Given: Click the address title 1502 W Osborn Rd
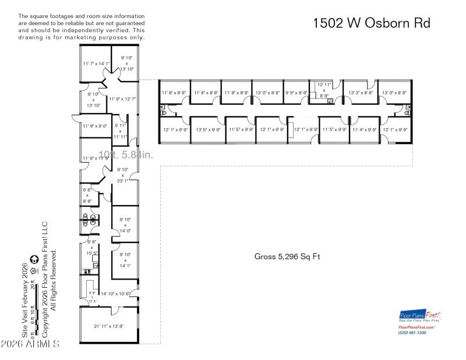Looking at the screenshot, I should (372, 23).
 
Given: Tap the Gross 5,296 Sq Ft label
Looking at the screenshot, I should (287, 256).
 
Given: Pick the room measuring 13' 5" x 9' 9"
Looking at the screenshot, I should (208, 130).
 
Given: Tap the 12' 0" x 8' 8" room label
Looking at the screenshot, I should (267, 93).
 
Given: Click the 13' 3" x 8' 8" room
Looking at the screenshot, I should (361, 93).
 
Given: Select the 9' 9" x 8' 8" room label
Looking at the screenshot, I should (296, 93).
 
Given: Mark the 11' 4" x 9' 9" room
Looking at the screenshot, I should (365, 130).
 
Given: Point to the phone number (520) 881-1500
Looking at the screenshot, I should (412, 333).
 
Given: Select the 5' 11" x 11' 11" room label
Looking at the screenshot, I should (120, 131).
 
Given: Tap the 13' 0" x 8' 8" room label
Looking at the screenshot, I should (393, 93).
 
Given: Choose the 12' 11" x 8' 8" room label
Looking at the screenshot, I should (324, 90).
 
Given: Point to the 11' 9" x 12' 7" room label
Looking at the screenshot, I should (122, 99).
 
